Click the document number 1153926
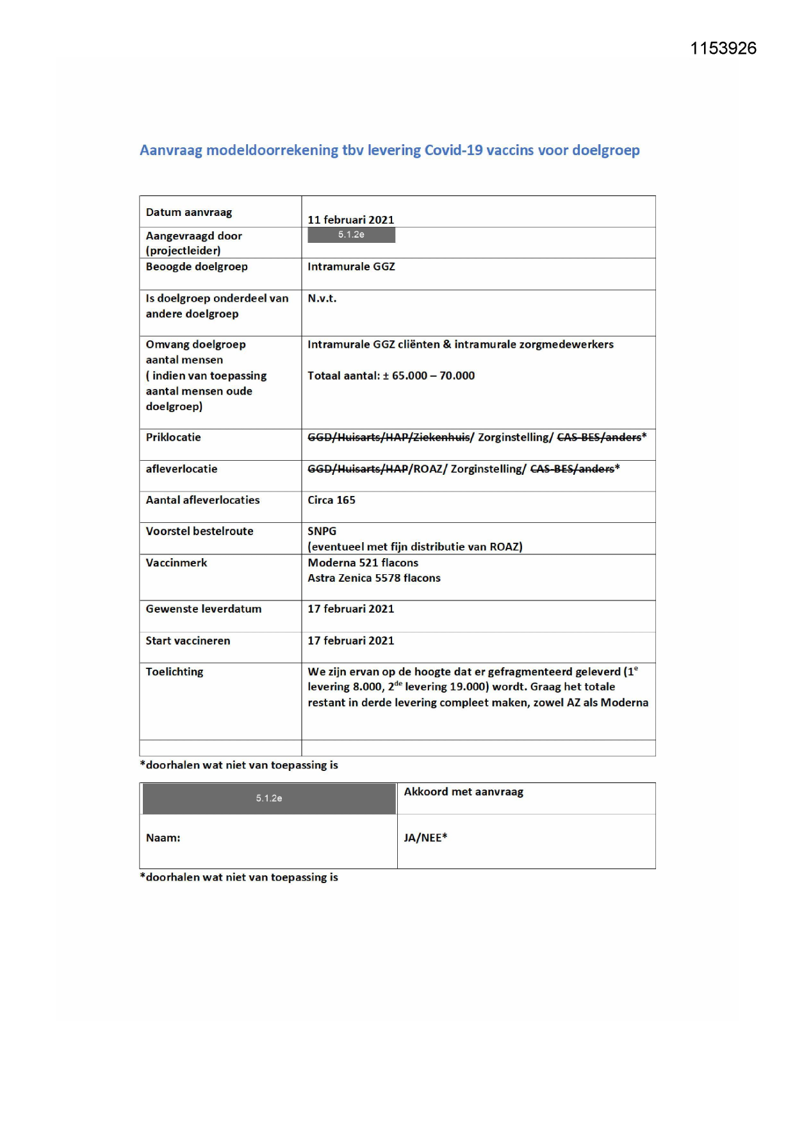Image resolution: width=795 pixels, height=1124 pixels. click(x=723, y=49)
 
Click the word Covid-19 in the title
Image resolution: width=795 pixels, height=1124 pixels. click(x=453, y=151)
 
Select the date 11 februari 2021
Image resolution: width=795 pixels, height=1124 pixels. click(x=350, y=220)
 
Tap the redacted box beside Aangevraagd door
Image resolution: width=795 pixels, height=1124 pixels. click(x=351, y=235)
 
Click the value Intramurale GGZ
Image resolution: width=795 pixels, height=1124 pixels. click(x=351, y=267)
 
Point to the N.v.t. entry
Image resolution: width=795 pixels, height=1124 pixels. click(x=322, y=299)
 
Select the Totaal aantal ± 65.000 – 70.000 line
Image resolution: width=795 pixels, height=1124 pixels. click(x=391, y=376)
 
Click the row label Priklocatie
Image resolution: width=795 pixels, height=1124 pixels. click(x=173, y=438)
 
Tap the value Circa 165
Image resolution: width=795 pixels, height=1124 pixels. click(x=331, y=500)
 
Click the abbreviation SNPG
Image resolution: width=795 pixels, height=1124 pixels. click(x=322, y=531)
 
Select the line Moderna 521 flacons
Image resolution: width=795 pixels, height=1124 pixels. click(x=363, y=563)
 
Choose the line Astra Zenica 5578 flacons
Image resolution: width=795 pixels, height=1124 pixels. click(x=373, y=578)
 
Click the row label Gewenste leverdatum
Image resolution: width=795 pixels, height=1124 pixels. click(x=203, y=609)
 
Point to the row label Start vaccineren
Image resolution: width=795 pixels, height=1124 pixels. click(x=188, y=641)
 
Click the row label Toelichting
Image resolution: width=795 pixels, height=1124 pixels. click(x=174, y=672)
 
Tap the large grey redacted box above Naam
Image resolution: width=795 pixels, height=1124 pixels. click(x=269, y=798)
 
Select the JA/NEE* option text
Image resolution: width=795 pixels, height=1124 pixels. click(x=425, y=838)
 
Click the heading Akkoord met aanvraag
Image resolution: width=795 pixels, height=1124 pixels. click(x=463, y=792)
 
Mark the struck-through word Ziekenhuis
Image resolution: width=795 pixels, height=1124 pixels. click(x=443, y=438)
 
